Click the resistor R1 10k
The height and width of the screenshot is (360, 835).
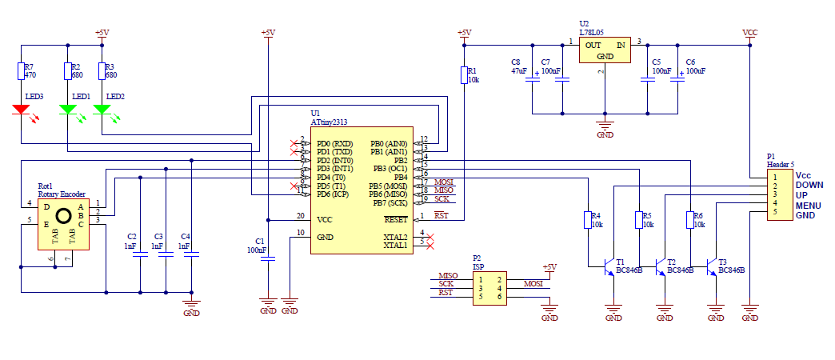[463, 75]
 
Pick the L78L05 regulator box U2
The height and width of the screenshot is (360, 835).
[605, 51]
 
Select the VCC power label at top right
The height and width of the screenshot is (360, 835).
[749, 33]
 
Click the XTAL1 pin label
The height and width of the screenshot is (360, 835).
[395, 246]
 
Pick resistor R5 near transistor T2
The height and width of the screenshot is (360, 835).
[638, 219]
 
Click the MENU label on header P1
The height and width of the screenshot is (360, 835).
[809, 206]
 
